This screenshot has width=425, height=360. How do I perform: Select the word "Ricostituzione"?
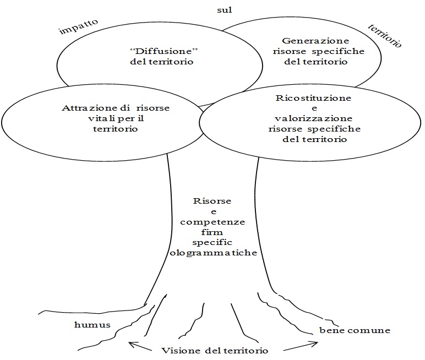[x=314, y=97]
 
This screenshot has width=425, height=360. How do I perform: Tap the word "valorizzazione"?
[x=314, y=118]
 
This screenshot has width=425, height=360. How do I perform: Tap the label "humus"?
[x=92, y=324]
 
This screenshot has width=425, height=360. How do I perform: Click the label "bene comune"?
[x=355, y=330]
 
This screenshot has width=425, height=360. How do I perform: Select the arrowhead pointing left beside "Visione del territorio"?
[x=132, y=345]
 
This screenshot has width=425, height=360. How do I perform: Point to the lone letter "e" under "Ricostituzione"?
[x=314, y=108]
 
